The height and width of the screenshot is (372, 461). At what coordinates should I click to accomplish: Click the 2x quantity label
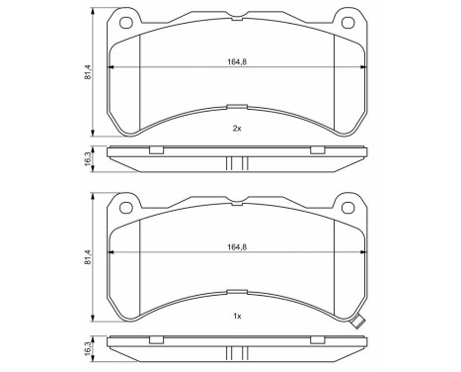click(x=236, y=130)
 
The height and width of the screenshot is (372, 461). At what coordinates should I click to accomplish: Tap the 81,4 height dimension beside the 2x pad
click(x=88, y=72)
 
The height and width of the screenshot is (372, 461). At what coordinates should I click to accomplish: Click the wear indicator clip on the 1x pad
click(x=360, y=321)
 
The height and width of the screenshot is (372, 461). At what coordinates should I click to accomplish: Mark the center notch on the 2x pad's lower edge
click(x=235, y=107)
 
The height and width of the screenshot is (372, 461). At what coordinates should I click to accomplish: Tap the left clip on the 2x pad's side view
click(x=155, y=150)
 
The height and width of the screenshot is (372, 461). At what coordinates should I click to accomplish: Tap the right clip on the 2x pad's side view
click(x=317, y=150)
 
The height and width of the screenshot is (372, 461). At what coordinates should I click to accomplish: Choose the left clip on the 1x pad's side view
click(x=155, y=340)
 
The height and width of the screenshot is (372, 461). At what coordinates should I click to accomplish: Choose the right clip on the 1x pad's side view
click(x=317, y=340)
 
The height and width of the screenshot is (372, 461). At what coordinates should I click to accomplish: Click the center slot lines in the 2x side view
click(x=235, y=161)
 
